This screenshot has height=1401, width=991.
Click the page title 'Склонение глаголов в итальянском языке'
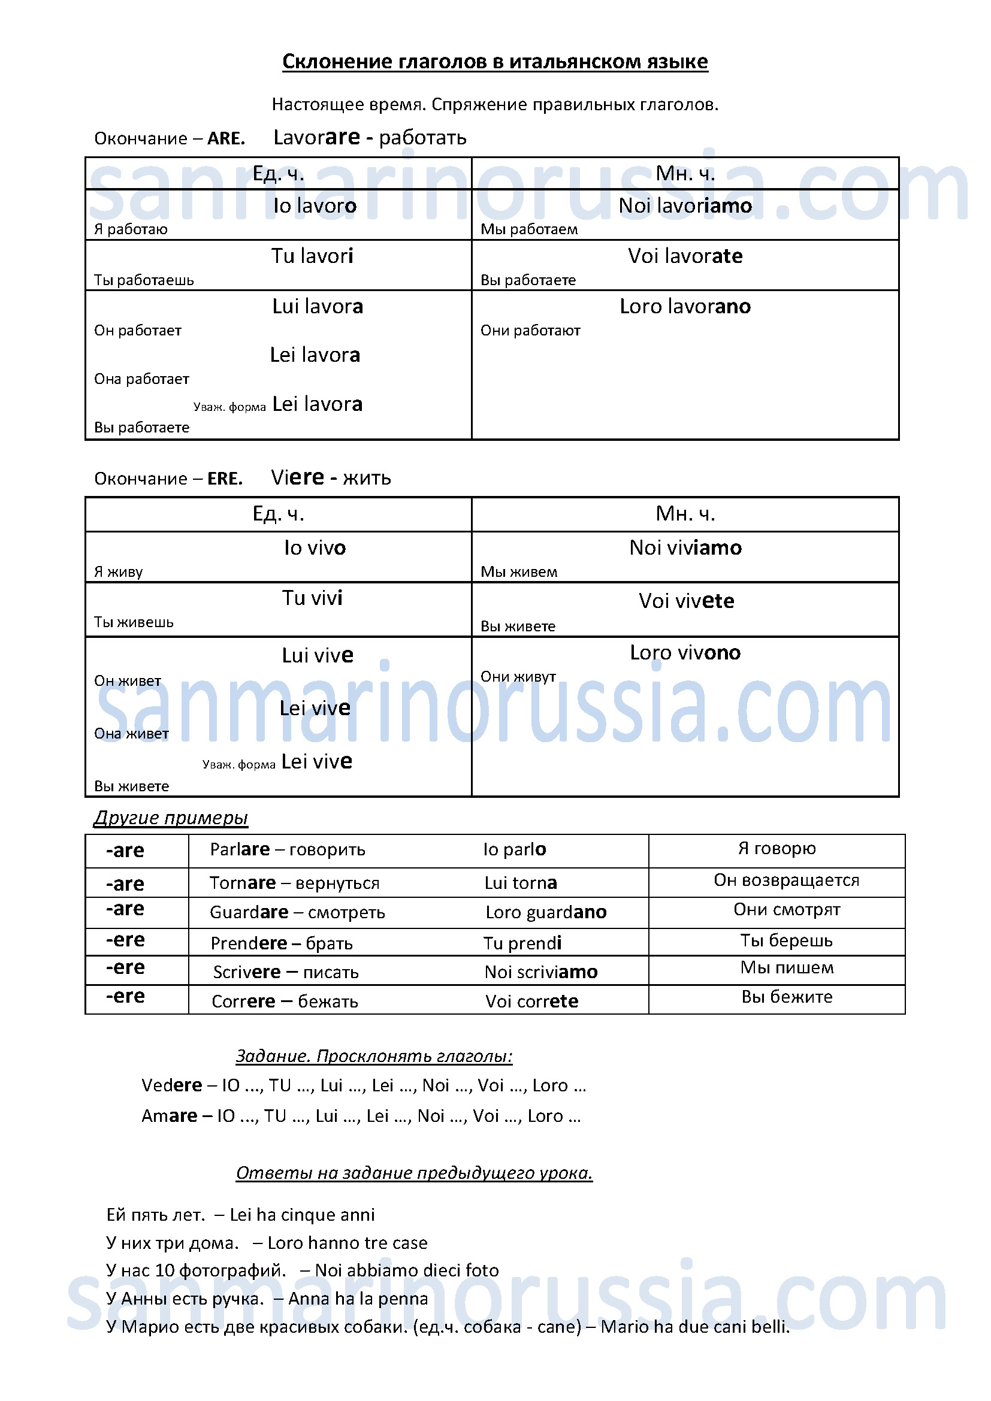click(495, 62)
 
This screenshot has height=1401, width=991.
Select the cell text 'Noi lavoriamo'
click(685, 205)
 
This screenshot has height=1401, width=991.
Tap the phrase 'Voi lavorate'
click(685, 256)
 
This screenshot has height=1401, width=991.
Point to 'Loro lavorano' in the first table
click(685, 305)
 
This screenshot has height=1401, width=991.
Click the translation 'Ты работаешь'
click(143, 280)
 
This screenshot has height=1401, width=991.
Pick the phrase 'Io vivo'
click(315, 547)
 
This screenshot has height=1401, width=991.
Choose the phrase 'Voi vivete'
click(686, 601)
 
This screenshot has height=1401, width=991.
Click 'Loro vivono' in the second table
click(685, 652)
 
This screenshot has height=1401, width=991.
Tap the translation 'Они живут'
click(518, 676)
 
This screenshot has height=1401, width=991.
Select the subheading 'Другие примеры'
click(171, 818)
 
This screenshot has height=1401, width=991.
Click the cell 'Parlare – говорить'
click(288, 849)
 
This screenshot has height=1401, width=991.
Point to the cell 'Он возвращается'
click(786, 880)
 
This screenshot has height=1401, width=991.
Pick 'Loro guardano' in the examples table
click(546, 912)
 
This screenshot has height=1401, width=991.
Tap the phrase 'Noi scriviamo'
click(540, 972)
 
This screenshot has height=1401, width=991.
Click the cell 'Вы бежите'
click(786, 997)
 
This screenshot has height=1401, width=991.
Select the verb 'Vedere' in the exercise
click(171, 1085)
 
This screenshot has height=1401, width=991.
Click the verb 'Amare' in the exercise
click(169, 1115)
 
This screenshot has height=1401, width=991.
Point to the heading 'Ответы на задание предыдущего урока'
click(414, 1173)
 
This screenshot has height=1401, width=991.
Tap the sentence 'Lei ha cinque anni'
click(302, 1214)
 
